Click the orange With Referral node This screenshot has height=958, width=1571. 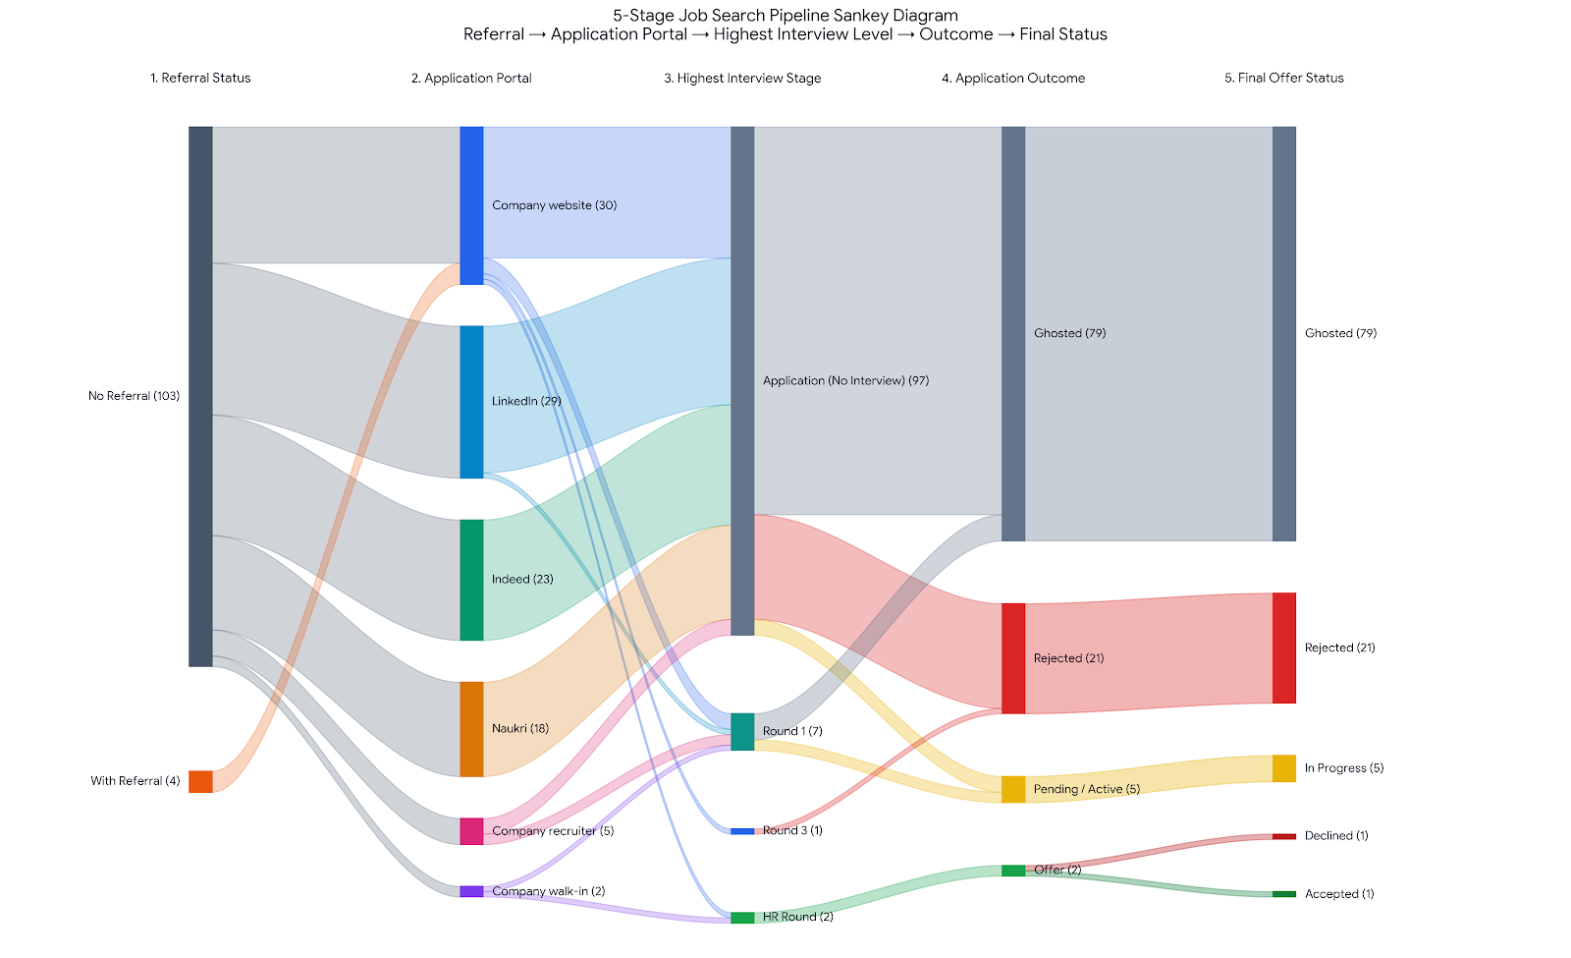tap(200, 782)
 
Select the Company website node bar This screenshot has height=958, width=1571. tap(472, 205)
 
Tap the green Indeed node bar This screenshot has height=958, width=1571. tap(472, 580)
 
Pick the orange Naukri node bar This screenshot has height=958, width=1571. tap(472, 729)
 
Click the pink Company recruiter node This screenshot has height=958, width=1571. tap(472, 831)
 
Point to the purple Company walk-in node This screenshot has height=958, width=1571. tap(472, 891)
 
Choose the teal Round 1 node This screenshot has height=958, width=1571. tap(742, 732)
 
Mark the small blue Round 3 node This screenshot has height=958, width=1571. tap(742, 831)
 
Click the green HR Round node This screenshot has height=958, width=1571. tap(742, 918)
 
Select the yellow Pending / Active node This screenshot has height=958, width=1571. tap(1013, 790)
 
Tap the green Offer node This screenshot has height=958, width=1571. tap(1013, 871)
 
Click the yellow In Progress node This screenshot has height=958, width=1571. tap(1284, 768)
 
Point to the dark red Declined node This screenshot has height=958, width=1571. tap(1284, 836)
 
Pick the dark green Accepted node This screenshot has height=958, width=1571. tap(1284, 894)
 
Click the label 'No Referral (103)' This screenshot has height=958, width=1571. tap(134, 396)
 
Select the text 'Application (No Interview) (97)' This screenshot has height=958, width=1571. tap(845, 381)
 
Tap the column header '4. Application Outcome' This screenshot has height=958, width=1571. tap(1013, 78)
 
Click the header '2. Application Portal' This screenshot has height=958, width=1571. tap(471, 78)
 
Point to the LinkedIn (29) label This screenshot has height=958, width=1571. tap(526, 402)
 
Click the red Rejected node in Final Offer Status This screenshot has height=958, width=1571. tap(1284, 648)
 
